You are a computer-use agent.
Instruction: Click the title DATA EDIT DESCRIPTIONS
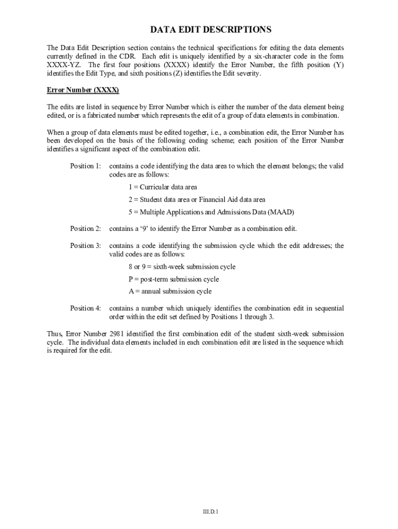pos(210,30)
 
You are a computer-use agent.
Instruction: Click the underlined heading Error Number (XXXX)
pos(83,90)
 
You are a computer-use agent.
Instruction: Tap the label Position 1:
pos(86,166)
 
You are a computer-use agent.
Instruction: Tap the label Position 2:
pos(86,229)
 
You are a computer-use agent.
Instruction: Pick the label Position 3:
pos(86,246)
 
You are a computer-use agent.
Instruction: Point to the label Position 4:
pos(86,308)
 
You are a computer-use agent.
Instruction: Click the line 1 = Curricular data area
pos(163,187)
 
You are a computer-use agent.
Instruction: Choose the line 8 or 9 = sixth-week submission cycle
pos(182,267)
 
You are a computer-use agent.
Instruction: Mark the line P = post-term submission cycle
pos(174,279)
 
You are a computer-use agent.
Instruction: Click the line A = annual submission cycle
pos(170,292)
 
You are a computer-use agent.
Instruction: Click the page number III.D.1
pos(210,512)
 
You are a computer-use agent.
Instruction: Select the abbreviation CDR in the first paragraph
pos(128,56)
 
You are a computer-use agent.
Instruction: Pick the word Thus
pos(54,334)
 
